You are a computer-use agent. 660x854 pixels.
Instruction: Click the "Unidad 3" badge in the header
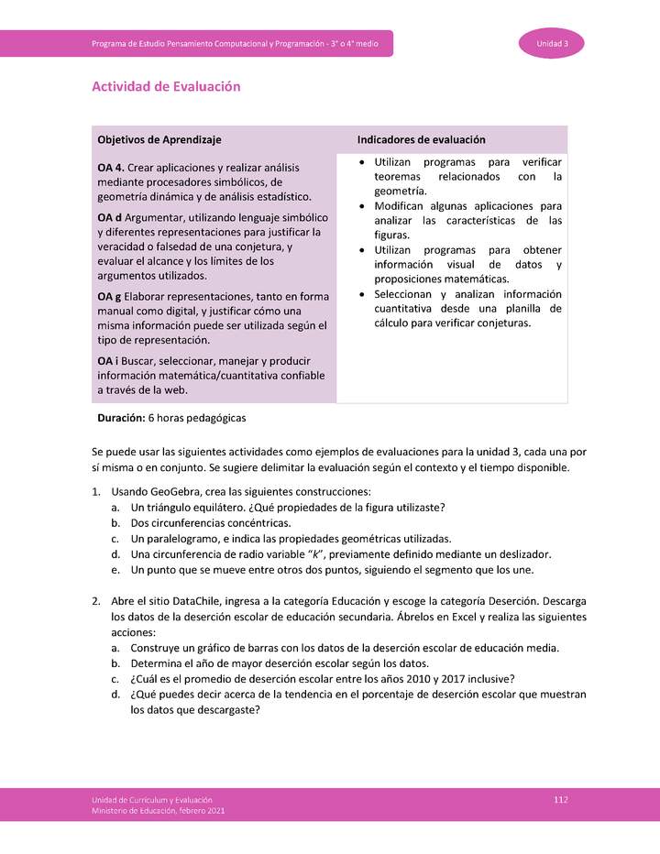click(553, 44)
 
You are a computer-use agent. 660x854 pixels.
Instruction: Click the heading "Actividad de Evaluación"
click(166, 86)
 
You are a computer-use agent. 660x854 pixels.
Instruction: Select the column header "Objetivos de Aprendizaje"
click(159, 139)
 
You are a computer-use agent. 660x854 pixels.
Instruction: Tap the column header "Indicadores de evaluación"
click(421, 139)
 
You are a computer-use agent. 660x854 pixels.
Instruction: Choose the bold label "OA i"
click(107, 361)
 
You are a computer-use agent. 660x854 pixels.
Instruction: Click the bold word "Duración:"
click(121, 418)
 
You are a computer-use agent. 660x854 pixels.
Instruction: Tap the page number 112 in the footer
click(561, 800)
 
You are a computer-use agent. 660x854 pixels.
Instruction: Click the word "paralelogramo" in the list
click(184, 539)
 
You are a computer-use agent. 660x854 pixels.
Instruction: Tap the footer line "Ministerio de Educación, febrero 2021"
click(158, 811)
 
